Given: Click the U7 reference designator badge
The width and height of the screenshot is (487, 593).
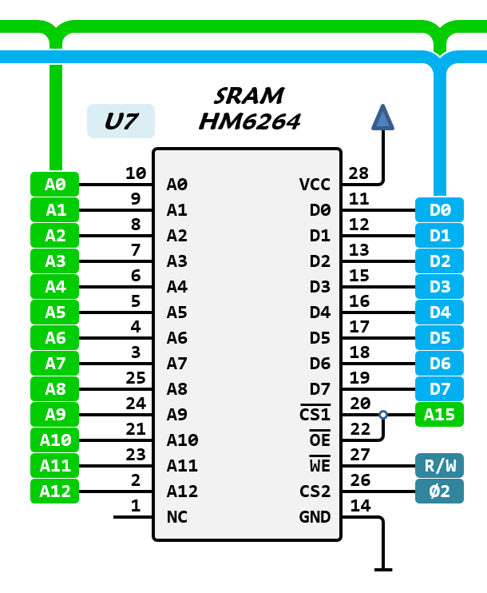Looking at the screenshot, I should click(x=121, y=121).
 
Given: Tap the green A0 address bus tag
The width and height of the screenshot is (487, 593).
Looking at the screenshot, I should click(x=55, y=185).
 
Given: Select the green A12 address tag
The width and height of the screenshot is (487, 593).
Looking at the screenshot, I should click(x=55, y=491).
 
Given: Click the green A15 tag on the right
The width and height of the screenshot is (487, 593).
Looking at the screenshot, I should click(x=439, y=414).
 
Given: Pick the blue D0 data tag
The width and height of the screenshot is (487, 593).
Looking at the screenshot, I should click(x=439, y=210).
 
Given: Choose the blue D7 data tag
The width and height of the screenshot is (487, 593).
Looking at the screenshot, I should click(x=439, y=388).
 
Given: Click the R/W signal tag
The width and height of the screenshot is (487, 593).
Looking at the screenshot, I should click(x=439, y=465).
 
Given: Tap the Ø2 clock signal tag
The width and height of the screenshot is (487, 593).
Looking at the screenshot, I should click(x=439, y=491).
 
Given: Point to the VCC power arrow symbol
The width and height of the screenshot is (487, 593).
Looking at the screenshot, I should click(x=383, y=117).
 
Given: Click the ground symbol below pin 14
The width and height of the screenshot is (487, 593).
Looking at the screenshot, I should click(x=383, y=569).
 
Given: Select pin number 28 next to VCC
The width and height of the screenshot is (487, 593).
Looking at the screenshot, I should click(x=359, y=173).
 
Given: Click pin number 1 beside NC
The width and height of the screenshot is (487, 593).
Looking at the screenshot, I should click(x=135, y=505).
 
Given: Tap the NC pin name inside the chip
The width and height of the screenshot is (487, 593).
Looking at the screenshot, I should click(x=176, y=516).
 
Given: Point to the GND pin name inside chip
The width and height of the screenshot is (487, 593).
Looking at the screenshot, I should click(x=315, y=516).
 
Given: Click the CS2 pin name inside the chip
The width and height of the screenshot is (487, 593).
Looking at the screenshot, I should click(x=315, y=491).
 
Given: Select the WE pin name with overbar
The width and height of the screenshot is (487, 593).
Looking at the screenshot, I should click(x=319, y=465).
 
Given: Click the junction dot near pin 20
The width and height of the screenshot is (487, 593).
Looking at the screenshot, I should click(x=383, y=415).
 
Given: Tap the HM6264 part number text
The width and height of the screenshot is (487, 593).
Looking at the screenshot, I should click(x=249, y=122).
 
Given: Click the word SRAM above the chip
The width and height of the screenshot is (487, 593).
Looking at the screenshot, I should click(x=249, y=97).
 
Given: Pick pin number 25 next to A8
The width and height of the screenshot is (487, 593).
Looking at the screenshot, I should click(x=135, y=377).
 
